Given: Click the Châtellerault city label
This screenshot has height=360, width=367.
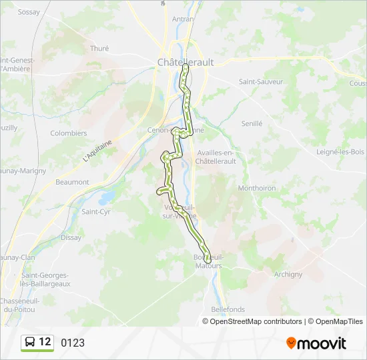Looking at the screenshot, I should (x=186, y=61).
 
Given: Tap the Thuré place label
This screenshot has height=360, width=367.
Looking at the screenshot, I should (x=99, y=48).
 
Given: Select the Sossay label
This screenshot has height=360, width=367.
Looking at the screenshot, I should (x=29, y=12).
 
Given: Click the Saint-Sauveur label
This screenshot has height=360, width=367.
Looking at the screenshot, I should (x=261, y=81).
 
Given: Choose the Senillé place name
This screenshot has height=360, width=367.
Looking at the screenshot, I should (x=252, y=123).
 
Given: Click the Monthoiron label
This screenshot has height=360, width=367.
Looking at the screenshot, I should (x=257, y=188).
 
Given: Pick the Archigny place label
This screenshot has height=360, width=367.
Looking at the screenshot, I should (x=288, y=274).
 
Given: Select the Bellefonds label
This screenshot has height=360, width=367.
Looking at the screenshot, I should (x=228, y=309).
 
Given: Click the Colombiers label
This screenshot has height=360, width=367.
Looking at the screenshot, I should (x=69, y=133).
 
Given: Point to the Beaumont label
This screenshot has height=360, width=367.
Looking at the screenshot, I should (x=72, y=182).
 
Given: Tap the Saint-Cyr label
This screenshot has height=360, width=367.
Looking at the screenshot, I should (x=95, y=211).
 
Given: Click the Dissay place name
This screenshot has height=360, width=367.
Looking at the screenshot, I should (x=71, y=237).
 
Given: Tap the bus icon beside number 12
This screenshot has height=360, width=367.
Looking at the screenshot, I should (x=29, y=343).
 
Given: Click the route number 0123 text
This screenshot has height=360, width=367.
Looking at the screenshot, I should (x=73, y=343).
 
